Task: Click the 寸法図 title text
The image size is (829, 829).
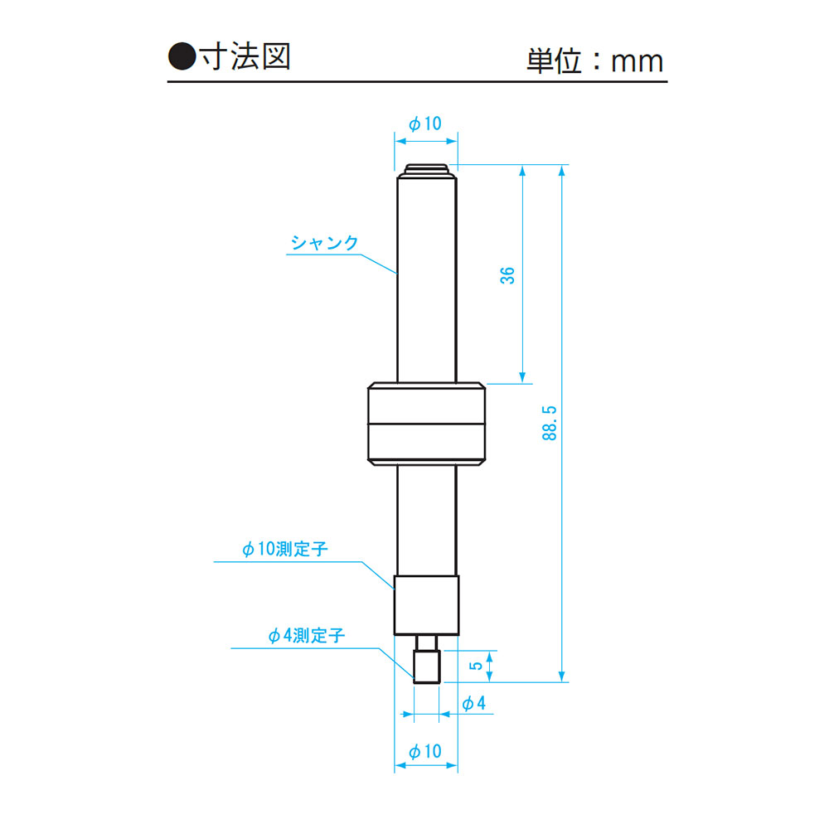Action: coord(246,56)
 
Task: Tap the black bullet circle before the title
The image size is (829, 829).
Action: coord(182,56)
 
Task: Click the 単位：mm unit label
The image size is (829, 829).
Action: coord(594,61)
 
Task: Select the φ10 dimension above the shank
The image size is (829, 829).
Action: coord(425,124)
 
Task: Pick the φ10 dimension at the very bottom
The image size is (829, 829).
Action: coord(425,751)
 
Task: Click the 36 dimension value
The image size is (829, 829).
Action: coord(507,275)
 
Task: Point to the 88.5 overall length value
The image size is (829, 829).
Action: coord(550,423)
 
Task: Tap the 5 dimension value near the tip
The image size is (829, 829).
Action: coord(477,666)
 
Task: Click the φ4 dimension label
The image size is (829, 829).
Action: coord(473,703)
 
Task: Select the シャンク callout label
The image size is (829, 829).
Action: coord(325,243)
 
